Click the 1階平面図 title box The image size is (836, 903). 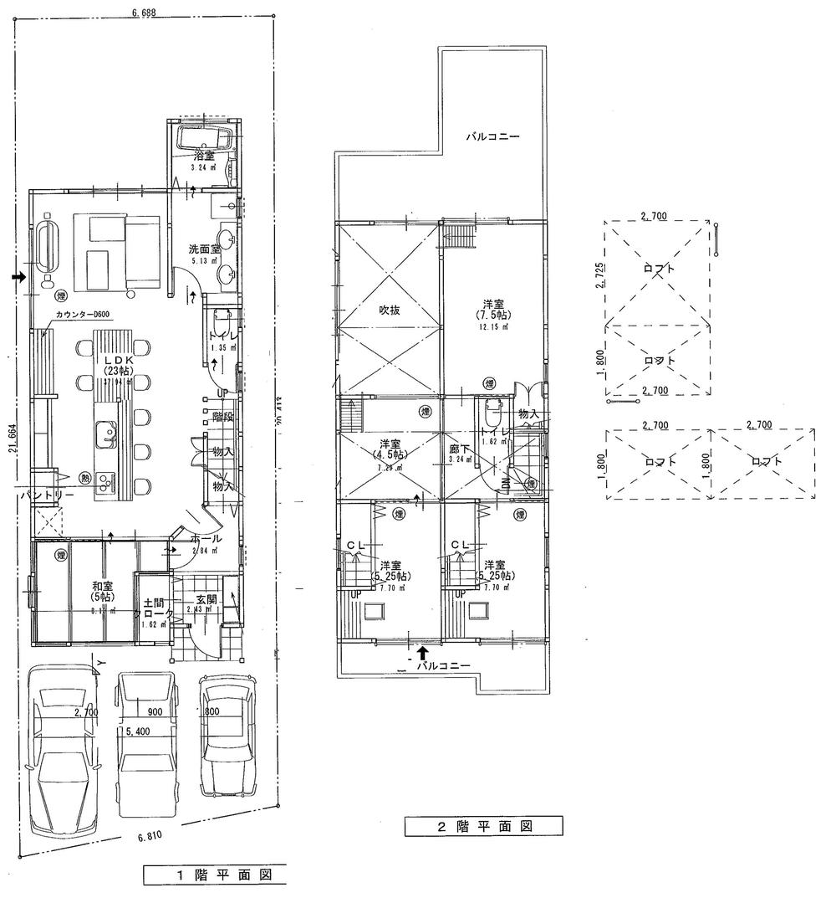click(x=214, y=876)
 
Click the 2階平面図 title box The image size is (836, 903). click(x=483, y=827)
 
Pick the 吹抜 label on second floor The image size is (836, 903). click(x=389, y=310)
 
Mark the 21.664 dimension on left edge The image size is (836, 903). click(x=11, y=449)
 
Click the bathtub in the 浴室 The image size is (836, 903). click(x=203, y=140)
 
